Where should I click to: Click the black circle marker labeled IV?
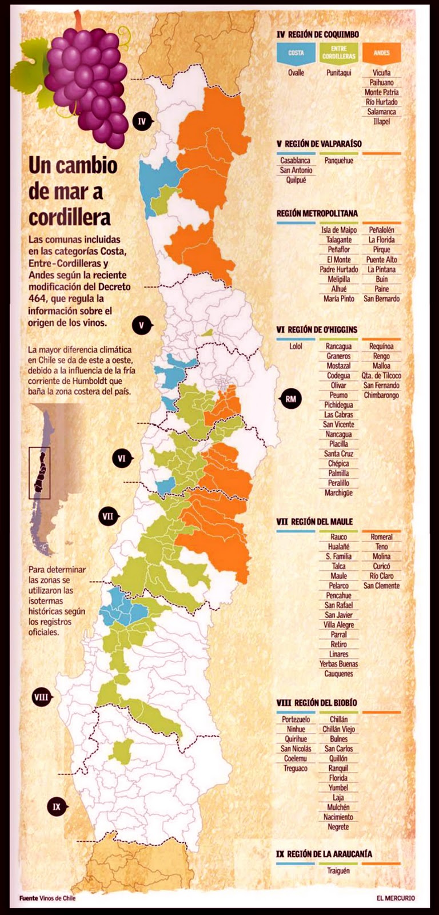[142, 121]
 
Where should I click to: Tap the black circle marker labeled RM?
[291, 399]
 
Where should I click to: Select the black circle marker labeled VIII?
[41, 697]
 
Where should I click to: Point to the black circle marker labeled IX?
[57, 807]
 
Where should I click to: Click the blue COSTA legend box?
[296, 53]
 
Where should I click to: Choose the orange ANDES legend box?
[381, 53]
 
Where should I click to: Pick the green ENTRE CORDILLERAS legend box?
[339, 53]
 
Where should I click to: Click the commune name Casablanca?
[296, 161]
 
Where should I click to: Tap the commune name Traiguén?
[338, 871]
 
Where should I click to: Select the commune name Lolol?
[296, 347]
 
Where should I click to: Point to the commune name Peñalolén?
[381, 230]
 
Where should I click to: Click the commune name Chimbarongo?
[381, 395]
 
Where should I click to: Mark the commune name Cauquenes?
[338, 674]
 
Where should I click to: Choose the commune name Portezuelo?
[296, 719]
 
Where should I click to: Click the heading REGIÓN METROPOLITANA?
[317, 213]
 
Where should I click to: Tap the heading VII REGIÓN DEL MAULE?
[314, 522]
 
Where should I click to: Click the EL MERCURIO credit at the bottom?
[396, 898]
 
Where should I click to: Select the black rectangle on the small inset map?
[39, 473]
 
